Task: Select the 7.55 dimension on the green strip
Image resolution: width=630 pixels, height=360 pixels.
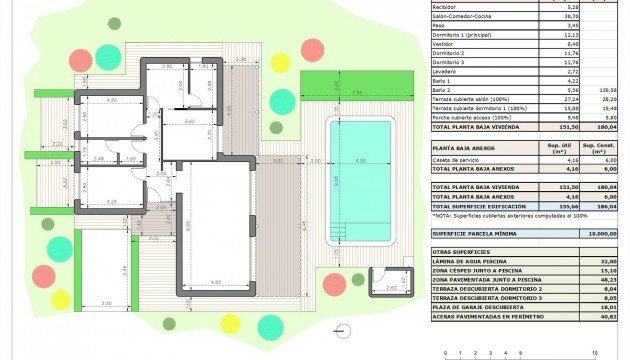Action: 357,93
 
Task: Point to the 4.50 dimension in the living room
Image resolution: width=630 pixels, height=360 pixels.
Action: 214,282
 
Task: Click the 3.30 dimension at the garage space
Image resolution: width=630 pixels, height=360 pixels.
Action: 107,303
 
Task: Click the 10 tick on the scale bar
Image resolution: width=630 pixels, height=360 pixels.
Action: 595,353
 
